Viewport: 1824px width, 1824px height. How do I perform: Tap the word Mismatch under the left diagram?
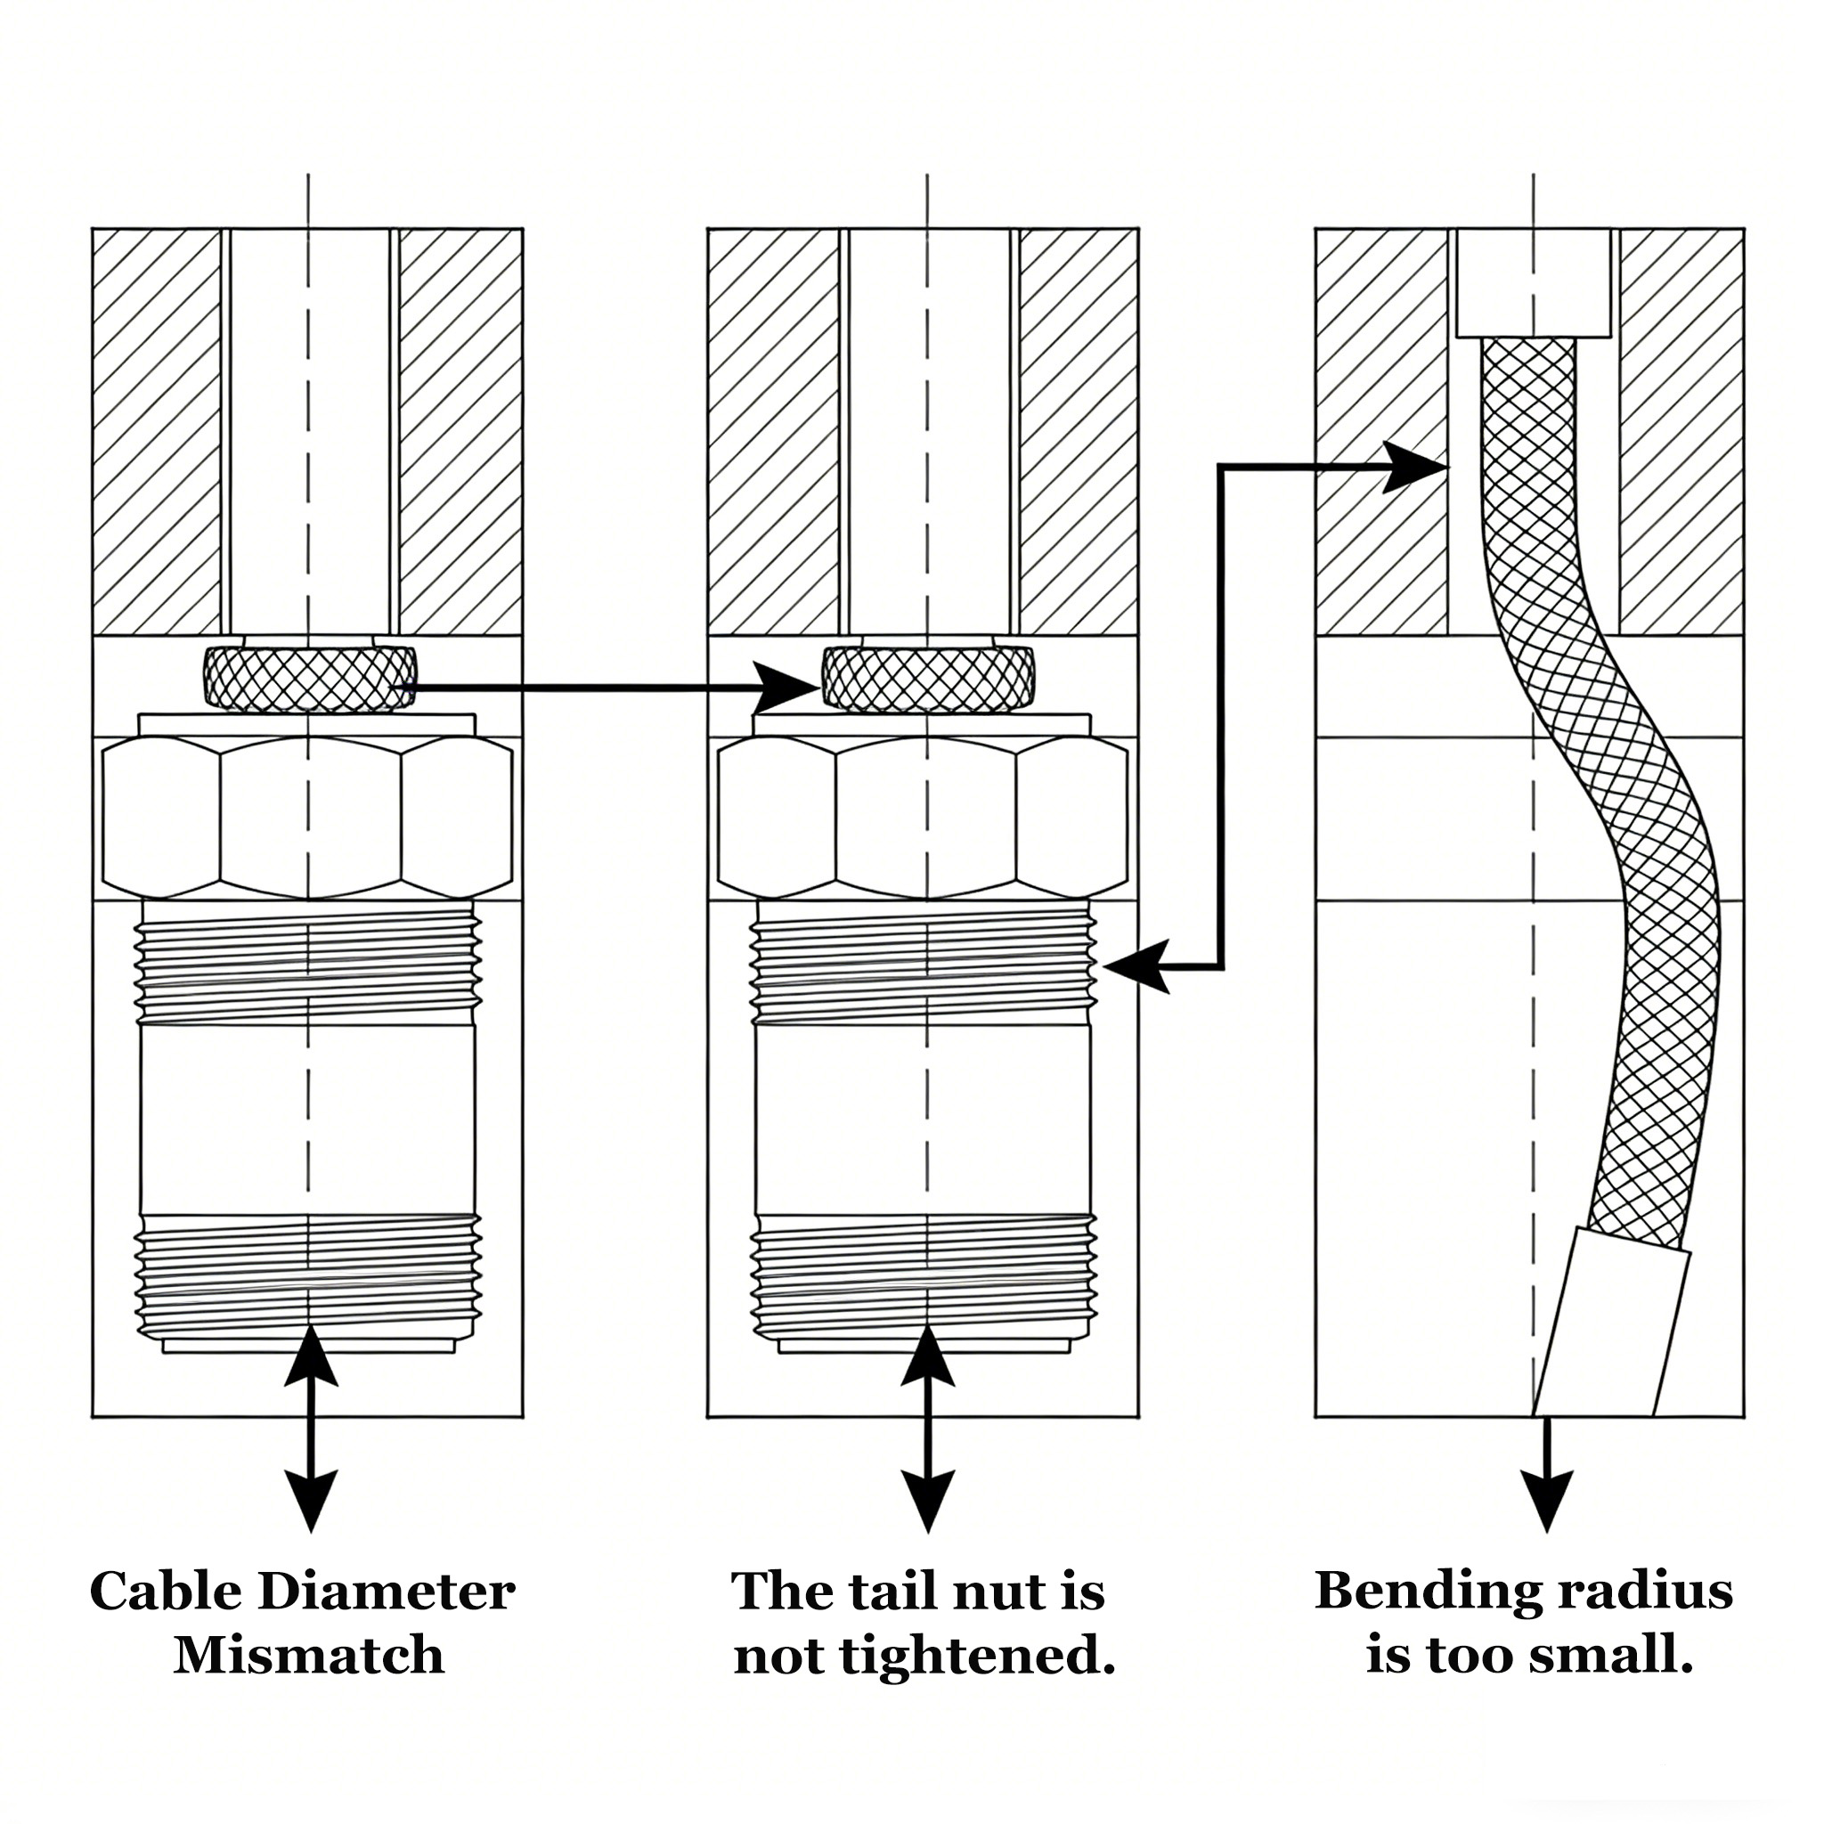(309, 1657)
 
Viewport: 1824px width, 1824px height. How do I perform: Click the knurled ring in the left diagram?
(309, 677)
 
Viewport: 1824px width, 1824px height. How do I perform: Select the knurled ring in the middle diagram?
(927, 677)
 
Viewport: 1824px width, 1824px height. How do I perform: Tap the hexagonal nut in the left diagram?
(309, 817)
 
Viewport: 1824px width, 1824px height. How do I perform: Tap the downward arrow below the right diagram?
(1547, 1473)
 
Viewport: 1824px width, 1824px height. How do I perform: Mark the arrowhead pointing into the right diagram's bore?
(1416, 467)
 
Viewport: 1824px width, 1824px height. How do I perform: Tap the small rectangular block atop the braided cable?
(1534, 282)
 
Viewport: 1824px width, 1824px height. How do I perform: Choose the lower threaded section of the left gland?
(309, 1274)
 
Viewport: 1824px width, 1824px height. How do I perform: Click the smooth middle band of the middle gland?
(925, 1119)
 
